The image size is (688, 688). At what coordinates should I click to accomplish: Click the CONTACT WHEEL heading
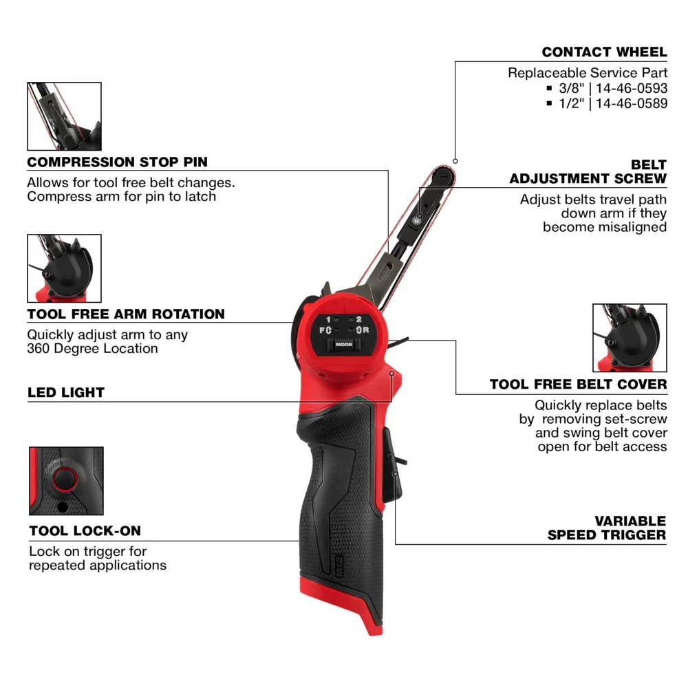[x=604, y=52]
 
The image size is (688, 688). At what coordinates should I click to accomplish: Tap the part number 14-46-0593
[x=631, y=88]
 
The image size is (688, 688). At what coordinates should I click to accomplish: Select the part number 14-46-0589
[x=631, y=103]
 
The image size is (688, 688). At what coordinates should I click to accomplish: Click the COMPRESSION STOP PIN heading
[x=117, y=162]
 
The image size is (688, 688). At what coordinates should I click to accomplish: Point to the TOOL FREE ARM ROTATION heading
[x=126, y=314]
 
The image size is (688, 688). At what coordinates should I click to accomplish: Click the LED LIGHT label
[x=66, y=393]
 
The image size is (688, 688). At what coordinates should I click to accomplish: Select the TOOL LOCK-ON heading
[x=85, y=531]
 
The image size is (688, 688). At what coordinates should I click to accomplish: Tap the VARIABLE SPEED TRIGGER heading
[x=607, y=528]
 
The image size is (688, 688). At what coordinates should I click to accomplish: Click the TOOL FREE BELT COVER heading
[x=578, y=384]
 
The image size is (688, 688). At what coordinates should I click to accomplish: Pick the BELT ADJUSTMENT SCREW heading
[x=588, y=172]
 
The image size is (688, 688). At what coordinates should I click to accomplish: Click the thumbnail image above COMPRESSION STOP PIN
[x=64, y=116]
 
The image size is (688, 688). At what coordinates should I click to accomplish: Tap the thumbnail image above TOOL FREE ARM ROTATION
[x=64, y=268]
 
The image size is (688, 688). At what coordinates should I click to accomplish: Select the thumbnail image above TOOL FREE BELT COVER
[x=630, y=338]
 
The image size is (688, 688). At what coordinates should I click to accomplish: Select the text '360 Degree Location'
[x=92, y=349]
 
